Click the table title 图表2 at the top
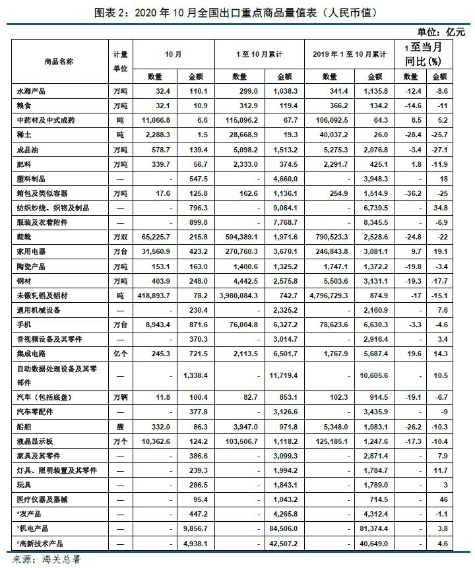click(x=237, y=12)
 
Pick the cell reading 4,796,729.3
click(x=327, y=296)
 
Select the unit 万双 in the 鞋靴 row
click(x=120, y=237)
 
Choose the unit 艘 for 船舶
click(x=120, y=427)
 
